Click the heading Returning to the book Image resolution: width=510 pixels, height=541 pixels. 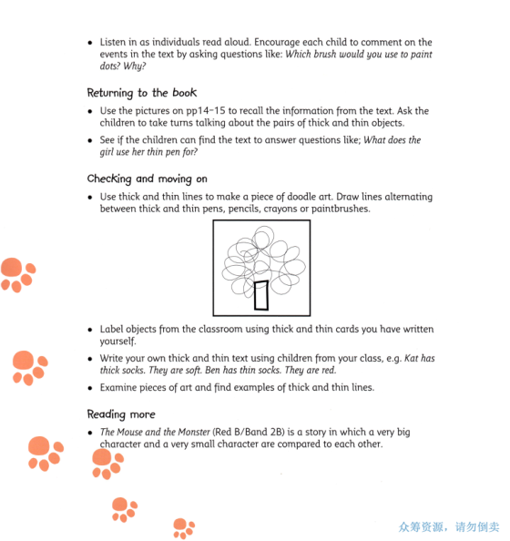pos(141,93)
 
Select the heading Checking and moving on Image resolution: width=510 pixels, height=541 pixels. pos(147,179)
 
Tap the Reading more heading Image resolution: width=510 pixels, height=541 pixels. pos(121,413)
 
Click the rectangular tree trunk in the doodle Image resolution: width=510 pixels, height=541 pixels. pos(262,294)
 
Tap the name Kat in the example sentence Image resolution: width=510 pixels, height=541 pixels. pos(412,359)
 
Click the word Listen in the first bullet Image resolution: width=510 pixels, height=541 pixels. pos(115,43)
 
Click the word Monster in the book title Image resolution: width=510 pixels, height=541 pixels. pos(189,432)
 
